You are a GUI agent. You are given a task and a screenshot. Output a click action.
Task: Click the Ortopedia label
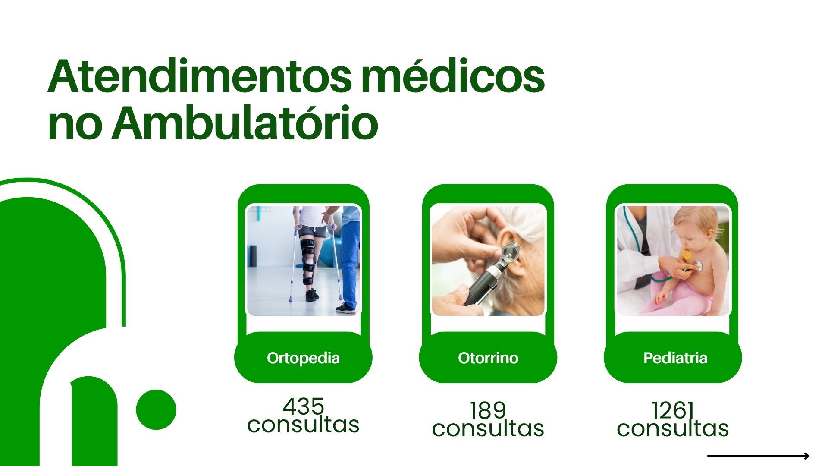(x=303, y=358)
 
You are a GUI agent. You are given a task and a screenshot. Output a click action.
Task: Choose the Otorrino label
(x=488, y=358)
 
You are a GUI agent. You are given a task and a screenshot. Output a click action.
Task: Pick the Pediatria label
(x=675, y=358)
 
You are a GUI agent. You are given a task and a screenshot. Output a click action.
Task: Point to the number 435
(x=303, y=406)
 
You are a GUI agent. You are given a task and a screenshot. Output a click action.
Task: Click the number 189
(x=488, y=410)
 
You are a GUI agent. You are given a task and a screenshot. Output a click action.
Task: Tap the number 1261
(x=673, y=410)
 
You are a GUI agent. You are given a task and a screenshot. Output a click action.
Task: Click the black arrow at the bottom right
(x=759, y=456)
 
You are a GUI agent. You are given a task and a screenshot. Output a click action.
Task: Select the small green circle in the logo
(x=156, y=409)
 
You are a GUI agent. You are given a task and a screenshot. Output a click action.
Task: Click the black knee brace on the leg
(x=308, y=261)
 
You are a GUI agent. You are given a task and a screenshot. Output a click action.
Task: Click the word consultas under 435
(x=303, y=425)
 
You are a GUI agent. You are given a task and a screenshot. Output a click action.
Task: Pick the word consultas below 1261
(x=673, y=428)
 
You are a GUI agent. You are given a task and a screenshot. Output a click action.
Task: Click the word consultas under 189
(x=488, y=428)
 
